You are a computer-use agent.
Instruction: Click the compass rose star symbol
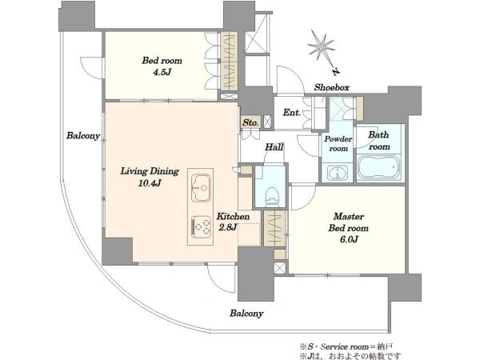pos(321,47)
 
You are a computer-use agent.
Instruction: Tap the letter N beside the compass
pos(336,72)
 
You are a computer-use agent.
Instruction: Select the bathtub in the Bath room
pos(379,167)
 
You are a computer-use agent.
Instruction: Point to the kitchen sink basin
pos(201,188)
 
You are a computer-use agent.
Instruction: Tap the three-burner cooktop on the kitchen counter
pos(201,227)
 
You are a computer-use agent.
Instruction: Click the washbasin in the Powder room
pos(337,173)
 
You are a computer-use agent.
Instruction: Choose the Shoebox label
pos(331,87)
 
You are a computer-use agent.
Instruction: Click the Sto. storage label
pos(250,122)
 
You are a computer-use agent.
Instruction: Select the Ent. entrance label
pos(291,113)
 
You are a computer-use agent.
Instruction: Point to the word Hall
pos(274,147)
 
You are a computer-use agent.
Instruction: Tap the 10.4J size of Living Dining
pos(150,183)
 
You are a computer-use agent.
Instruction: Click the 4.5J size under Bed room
pos(162,72)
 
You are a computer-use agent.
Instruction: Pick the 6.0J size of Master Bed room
pos(349,239)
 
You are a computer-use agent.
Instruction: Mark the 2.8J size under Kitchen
pos(227,227)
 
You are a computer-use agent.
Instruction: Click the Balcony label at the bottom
pos(246,314)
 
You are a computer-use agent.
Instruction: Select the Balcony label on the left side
pos(83,136)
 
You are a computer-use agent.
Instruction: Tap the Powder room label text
pos(338,143)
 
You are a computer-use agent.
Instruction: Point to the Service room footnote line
pos(346,347)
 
